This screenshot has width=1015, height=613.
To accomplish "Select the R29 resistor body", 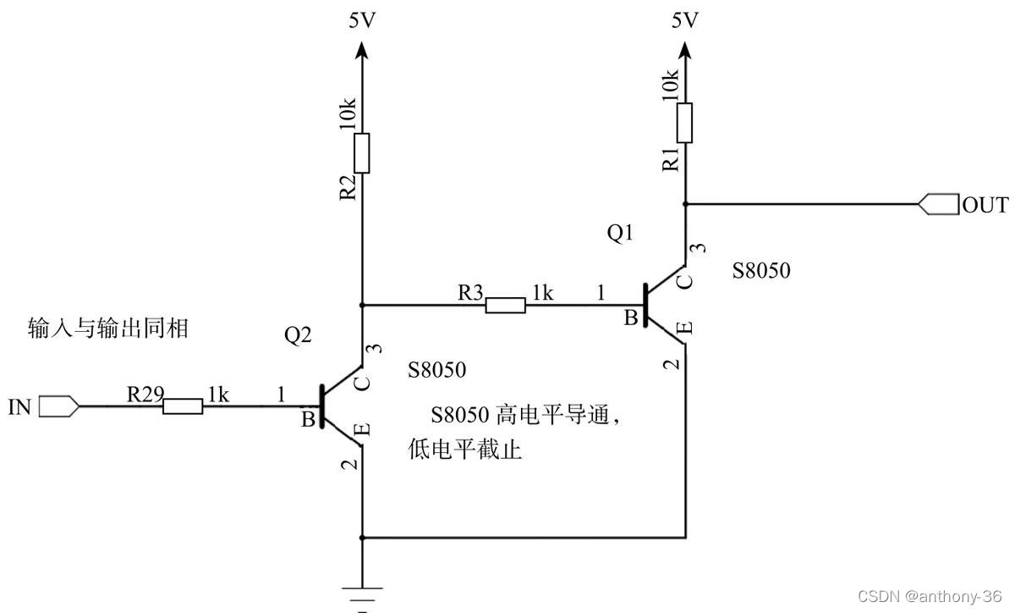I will tap(183, 407).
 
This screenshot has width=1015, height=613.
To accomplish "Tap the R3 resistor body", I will tap(505, 305).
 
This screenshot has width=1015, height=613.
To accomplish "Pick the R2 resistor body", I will tap(362, 152).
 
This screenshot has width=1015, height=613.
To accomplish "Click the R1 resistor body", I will tap(685, 123).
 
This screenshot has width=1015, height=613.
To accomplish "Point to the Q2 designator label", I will tap(298, 335).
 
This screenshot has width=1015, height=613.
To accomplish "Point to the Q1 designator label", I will tap(620, 234).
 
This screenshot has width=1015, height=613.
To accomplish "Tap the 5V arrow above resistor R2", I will tap(362, 52).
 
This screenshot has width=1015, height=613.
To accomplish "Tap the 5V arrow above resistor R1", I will tap(685, 52).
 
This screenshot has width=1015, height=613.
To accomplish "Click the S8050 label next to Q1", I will tap(761, 271).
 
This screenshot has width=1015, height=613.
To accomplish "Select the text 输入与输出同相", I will tap(107, 329).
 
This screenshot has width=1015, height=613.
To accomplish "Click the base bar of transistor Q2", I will tap(322, 407).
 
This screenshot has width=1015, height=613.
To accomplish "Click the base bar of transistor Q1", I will tap(645, 305).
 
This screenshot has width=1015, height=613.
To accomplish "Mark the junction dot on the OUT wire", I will tap(685, 204).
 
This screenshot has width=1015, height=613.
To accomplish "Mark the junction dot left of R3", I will tap(362, 305).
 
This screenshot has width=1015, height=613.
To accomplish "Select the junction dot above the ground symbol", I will tap(362, 537).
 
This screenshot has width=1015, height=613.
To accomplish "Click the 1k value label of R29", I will tap(217, 395).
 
